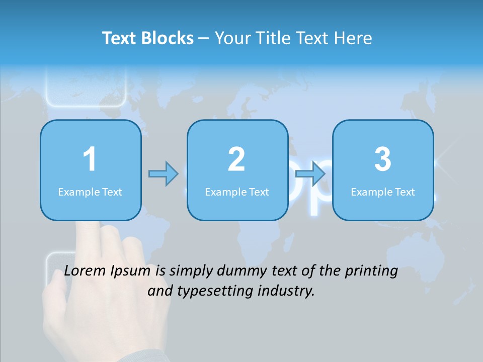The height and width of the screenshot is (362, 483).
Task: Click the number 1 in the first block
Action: pos(90,160)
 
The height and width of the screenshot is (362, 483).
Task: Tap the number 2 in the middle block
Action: pos(236,160)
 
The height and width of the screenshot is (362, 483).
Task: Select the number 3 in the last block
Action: pos(383,160)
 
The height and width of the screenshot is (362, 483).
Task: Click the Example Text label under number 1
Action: pos(90,192)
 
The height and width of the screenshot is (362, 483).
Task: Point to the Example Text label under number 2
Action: pos(237,192)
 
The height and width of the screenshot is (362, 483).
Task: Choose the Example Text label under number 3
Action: pos(383,192)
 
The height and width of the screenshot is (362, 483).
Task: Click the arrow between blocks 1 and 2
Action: pos(164,174)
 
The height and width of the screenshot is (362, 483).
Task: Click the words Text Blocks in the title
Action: pos(148,38)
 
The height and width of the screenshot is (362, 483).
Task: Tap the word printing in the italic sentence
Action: pos(371,271)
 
